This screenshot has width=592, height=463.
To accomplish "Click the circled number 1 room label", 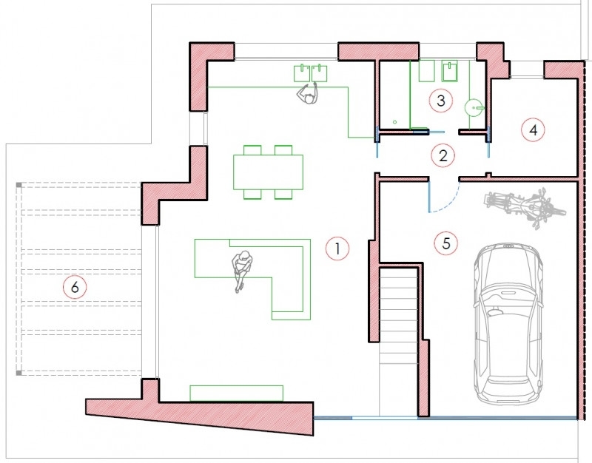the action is [337, 249].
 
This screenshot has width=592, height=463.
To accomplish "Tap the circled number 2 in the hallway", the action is [443, 155].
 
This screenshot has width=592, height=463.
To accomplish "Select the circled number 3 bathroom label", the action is [440, 101].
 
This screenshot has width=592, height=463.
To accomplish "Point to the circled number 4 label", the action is [533, 130].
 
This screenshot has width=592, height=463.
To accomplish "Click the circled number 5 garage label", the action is [446, 243].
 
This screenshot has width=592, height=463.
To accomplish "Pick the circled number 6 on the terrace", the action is [75, 287].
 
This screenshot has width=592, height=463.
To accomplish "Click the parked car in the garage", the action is [508, 323].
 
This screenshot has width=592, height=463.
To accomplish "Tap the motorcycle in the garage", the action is [525, 206].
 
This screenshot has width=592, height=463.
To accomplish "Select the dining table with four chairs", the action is [268, 172].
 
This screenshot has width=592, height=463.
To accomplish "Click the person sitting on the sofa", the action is [242, 270].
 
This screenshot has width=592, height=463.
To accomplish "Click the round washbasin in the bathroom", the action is [474, 108].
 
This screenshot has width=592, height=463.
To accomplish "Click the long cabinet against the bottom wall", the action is [236, 393].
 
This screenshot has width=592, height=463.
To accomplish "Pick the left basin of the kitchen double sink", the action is [302, 73].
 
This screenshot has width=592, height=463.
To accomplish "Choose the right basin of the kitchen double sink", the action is [320, 73].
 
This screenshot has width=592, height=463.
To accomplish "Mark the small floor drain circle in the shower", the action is [395, 122].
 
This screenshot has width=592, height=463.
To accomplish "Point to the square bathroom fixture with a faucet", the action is [450, 70].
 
